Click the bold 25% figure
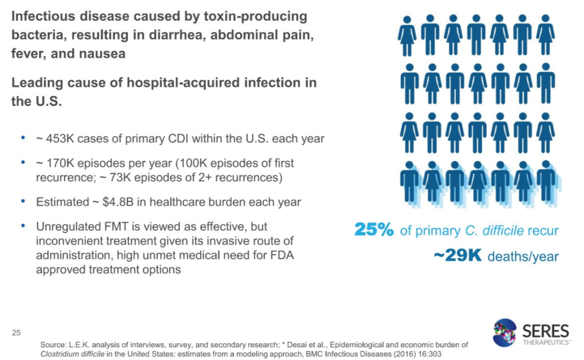pos(374,230)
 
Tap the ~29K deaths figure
pos(457,255)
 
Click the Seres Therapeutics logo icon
pos(505,332)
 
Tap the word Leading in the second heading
pos(36,83)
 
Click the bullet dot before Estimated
pos(23,201)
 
